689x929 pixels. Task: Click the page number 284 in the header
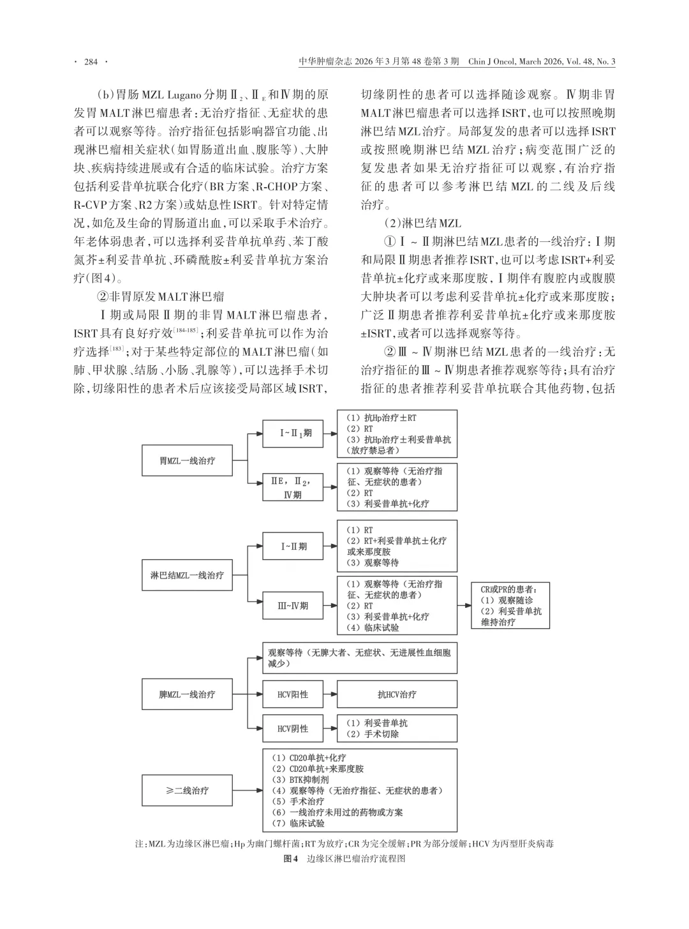[91, 62]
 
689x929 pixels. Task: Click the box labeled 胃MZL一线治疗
[187, 460]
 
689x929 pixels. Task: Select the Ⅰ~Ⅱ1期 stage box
[294, 434]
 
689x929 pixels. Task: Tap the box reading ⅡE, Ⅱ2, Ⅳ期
[293, 487]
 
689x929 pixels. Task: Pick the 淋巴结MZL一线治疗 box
[187, 575]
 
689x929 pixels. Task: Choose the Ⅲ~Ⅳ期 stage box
[293, 605]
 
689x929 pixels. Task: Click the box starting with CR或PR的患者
[510, 605]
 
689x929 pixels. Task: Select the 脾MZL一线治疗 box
[187, 694]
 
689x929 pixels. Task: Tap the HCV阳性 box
[293, 694]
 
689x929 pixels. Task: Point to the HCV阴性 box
[293, 729]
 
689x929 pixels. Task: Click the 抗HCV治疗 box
[397, 694]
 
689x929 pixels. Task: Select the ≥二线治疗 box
[187, 790]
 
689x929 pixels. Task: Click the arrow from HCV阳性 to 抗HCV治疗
[330, 694]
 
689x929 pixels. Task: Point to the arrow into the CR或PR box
[464, 605]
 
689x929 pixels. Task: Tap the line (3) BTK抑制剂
[301, 780]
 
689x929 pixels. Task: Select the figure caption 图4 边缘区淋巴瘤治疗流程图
[344, 859]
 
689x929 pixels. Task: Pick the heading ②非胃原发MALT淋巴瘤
[160, 297]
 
